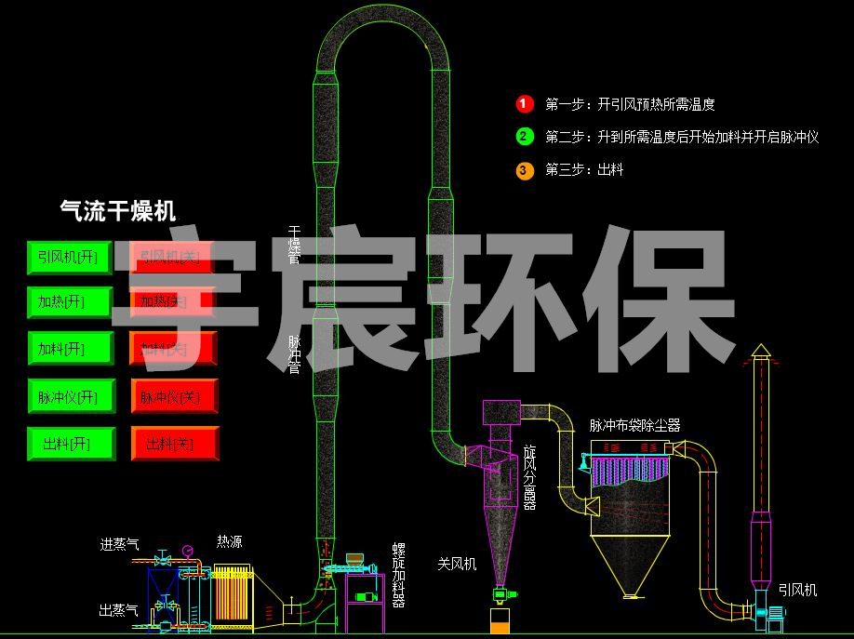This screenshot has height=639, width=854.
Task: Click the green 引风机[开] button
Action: pyautogui.click(x=67, y=256)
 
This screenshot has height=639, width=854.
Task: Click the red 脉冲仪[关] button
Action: pyautogui.click(x=174, y=397)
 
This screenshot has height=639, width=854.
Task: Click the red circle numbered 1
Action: pyautogui.click(x=524, y=104)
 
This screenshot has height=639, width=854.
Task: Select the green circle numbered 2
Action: pyautogui.click(x=524, y=137)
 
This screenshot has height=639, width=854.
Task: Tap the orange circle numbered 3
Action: pyautogui.click(x=524, y=169)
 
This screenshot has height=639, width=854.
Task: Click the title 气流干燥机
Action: pyautogui.click(x=117, y=210)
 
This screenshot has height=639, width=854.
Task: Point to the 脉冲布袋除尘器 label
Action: pyautogui.click(x=634, y=425)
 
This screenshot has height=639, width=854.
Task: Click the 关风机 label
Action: pyautogui.click(x=457, y=563)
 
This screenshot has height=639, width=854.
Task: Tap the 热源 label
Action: pyautogui.click(x=230, y=541)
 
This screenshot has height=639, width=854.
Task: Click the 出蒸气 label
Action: pyautogui.click(x=119, y=610)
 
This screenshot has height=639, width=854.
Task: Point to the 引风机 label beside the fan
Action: pyautogui.click(x=797, y=589)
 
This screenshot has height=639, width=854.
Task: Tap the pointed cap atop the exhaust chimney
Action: pyautogui.click(x=761, y=350)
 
